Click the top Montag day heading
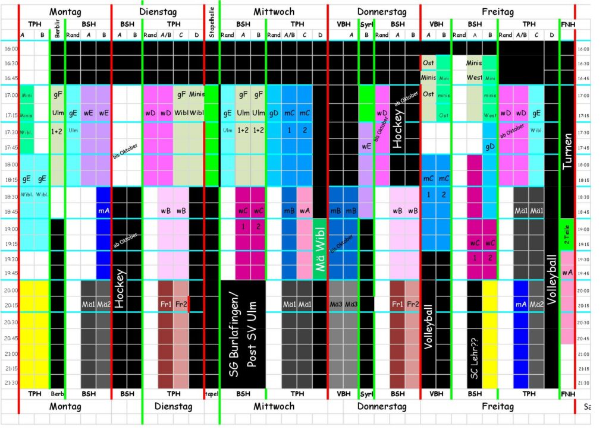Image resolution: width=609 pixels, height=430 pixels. pyautogui.click(x=65, y=12)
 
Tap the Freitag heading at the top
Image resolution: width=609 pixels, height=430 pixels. pyautogui.click(x=497, y=12)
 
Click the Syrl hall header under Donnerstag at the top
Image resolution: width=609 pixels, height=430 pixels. pyautogui.click(x=367, y=24)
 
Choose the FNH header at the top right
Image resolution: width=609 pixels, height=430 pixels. pyautogui.click(x=567, y=24)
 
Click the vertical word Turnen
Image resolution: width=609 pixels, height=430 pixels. pyautogui.click(x=567, y=151)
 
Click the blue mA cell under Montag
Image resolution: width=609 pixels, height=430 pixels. pyautogui.click(x=103, y=210)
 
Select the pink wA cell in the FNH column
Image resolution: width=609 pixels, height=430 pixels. pyautogui.click(x=567, y=272)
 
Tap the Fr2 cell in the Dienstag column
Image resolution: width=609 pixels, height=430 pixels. pyautogui.click(x=181, y=304)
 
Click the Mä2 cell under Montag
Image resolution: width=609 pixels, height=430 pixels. pyautogui.click(x=103, y=304)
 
